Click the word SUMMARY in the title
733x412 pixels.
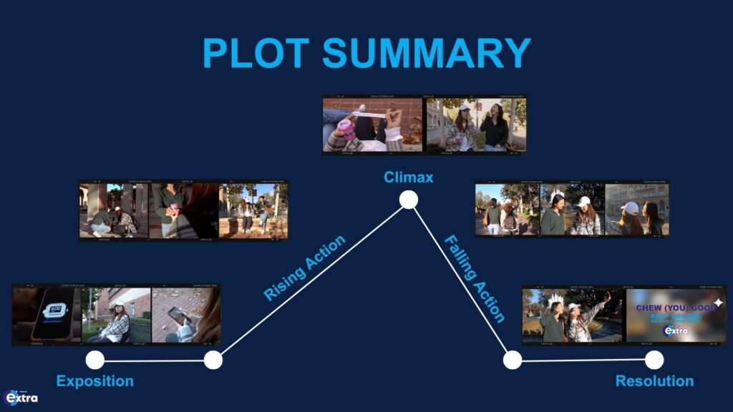426,54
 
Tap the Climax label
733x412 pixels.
408,177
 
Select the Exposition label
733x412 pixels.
95,381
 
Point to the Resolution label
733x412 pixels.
654,381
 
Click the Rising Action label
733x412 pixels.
305,268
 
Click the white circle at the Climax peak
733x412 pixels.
408,200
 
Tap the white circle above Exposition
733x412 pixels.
95,360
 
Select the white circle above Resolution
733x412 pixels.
654,360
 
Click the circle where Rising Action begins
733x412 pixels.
213,360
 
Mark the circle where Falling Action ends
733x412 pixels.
512,360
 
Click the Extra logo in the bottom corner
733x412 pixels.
21,398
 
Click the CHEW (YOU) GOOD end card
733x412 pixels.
676,315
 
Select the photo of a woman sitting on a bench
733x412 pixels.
117,315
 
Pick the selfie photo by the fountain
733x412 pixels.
573,315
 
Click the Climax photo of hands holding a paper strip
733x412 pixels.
372,124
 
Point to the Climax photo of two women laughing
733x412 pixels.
475,124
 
